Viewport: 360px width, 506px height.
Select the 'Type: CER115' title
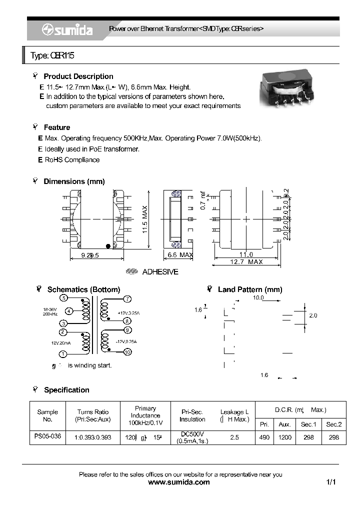tap(52, 55)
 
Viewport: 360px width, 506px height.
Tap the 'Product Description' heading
tap(78, 76)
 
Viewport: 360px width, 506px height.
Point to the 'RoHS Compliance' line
tap(72, 160)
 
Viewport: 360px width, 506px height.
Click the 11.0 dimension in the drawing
tap(245, 254)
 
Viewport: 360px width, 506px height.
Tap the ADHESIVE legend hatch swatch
tap(131, 272)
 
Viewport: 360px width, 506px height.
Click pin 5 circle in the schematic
tap(63, 298)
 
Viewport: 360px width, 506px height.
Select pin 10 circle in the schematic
tap(127, 352)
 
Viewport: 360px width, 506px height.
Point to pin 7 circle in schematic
tap(127, 299)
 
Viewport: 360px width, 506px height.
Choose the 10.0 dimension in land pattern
tap(257, 297)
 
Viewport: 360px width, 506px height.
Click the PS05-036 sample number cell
tap(47, 436)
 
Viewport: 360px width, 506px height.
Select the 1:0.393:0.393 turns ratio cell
tap(92, 437)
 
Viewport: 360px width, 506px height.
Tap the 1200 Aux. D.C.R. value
tap(284, 437)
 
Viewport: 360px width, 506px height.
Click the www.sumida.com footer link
tap(179, 482)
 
